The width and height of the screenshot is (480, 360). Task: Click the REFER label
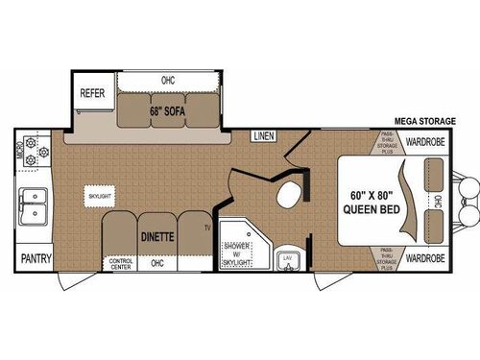click(92, 95)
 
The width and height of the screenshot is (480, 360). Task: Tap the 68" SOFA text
click(167, 108)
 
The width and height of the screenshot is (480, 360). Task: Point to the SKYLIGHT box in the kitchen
click(100, 194)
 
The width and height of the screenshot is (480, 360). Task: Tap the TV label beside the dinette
click(205, 228)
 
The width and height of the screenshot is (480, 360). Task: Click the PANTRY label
click(36, 258)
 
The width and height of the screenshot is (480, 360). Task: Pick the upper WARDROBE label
click(422, 142)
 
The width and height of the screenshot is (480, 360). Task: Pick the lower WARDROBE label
click(422, 258)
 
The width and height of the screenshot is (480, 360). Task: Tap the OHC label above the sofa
click(169, 80)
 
